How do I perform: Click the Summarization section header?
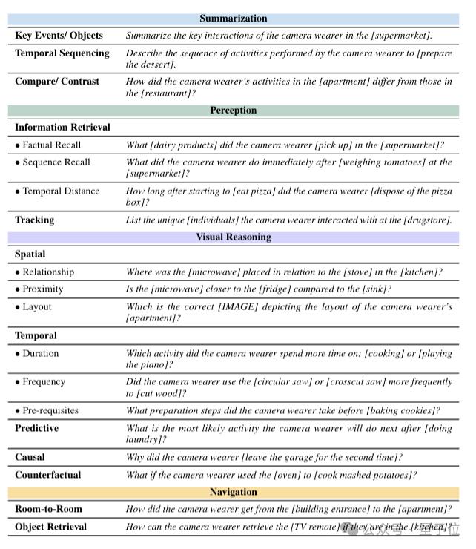pyautogui.click(x=233, y=19)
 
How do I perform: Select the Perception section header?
pyautogui.click(x=233, y=111)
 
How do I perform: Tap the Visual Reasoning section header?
pyautogui.click(x=233, y=237)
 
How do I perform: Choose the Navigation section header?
pyautogui.click(x=233, y=492)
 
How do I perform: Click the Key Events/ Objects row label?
pyautogui.click(x=59, y=36)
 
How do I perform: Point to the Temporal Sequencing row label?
pyautogui.click(x=62, y=53)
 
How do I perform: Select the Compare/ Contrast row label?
pyautogui.click(x=56, y=82)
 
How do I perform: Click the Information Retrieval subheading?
pyautogui.click(x=62, y=128)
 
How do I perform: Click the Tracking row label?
pyautogui.click(x=34, y=220)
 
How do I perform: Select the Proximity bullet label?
pyautogui.click(x=42, y=289)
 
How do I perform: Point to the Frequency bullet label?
pyautogui.click(x=43, y=382)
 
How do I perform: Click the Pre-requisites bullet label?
pyautogui.click(x=50, y=411)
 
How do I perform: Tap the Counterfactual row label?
pyautogui.click(x=47, y=476)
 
